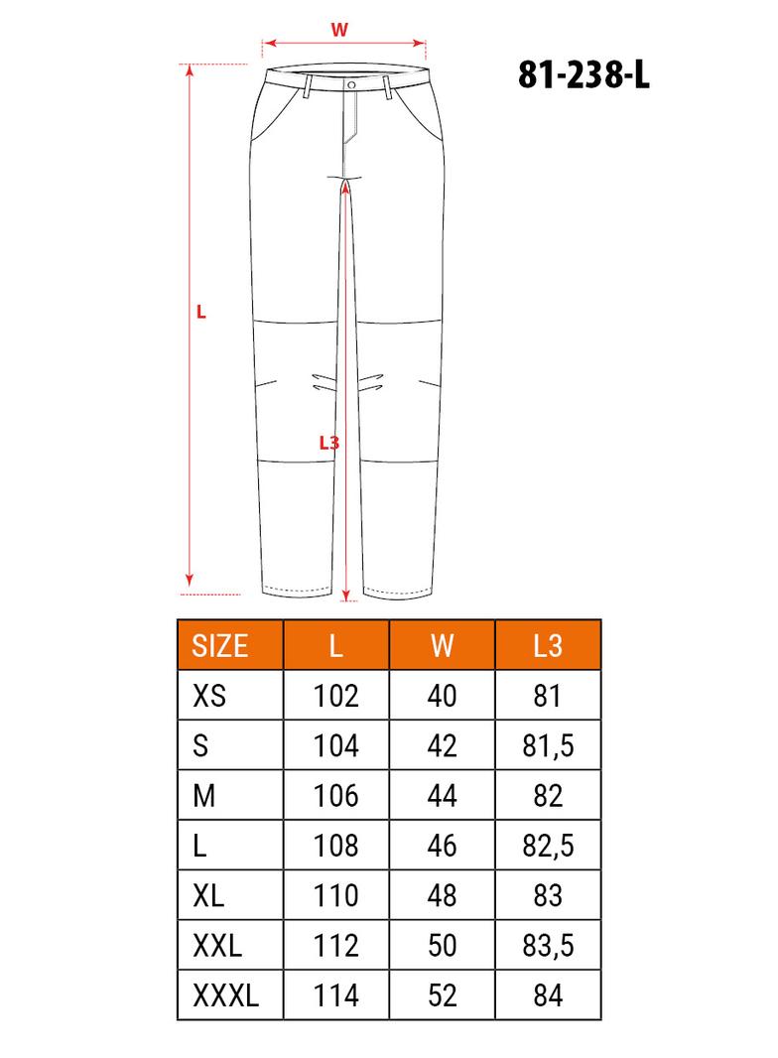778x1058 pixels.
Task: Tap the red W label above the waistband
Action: (339, 30)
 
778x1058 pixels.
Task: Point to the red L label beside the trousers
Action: (201, 312)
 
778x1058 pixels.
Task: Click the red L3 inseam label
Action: (328, 443)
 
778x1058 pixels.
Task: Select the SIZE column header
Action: (219, 646)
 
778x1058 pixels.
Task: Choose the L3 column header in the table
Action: (548, 646)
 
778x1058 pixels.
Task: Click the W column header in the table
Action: (442, 646)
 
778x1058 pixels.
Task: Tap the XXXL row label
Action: (225, 995)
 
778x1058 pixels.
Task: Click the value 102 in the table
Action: (335, 696)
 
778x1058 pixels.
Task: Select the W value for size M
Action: (442, 796)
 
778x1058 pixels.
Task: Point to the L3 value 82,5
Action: (548, 846)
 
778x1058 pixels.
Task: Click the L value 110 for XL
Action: (335, 895)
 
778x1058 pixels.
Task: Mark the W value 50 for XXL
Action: (442, 946)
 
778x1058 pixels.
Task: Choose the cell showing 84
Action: (548, 995)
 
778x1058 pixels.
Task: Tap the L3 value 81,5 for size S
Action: (548, 745)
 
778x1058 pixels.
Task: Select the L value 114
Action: (335, 995)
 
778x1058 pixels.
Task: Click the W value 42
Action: (442, 745)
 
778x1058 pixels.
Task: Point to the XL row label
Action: (208, 895)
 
